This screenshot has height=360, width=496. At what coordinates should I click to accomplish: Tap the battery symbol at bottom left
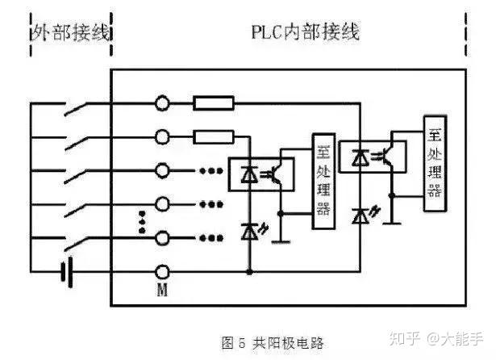(x=66, y=272)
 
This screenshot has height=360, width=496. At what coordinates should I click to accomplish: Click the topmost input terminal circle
(x=162, y=103)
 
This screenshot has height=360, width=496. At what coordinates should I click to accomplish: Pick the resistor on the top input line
(x=213, y=103)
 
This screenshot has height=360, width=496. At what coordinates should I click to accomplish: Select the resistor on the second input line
(x=213, y=136)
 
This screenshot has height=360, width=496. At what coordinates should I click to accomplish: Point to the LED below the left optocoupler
(x=250, y=231)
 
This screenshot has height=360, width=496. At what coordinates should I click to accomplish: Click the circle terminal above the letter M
(x=162, y=272)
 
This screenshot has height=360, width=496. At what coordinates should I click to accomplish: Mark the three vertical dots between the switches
(x=143, y=222)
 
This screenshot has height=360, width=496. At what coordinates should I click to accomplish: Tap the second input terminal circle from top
(x=162, y=136)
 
